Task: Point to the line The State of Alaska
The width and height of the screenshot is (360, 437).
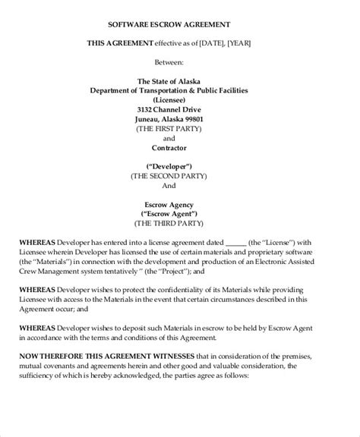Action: (x=179, y=81)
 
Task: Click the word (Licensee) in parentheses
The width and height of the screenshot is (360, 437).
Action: (x=179, y=99)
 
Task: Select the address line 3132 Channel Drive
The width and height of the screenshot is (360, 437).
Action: (x=179, y=109)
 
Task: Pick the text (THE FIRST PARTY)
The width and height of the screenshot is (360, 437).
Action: (x=180, y=129)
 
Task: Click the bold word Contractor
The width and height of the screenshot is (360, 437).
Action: (x=180, y=149)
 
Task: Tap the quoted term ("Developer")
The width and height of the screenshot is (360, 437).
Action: (x=179, y=165)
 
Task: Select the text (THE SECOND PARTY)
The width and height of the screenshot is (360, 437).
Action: (x=180, y=174)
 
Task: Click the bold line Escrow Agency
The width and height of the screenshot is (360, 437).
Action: (x=180, y=205)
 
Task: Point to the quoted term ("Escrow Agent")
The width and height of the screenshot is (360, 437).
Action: (x=180, y=215)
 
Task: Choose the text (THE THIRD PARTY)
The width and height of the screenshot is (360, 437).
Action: (x=180, y=225)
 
